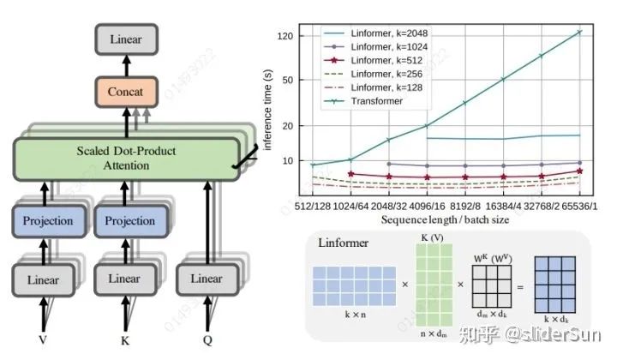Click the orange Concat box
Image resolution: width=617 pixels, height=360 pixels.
[127, 90]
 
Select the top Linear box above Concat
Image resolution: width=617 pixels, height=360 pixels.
[127, 39]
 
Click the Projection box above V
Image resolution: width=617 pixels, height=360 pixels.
[49, 221]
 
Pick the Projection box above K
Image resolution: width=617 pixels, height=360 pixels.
[129, 221]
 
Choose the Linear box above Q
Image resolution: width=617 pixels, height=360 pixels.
[206, 279]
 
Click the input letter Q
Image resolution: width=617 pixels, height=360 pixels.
[207, 340]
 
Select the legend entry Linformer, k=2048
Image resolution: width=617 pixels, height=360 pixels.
[374, 33]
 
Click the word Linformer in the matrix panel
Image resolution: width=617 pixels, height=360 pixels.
[344, 243]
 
